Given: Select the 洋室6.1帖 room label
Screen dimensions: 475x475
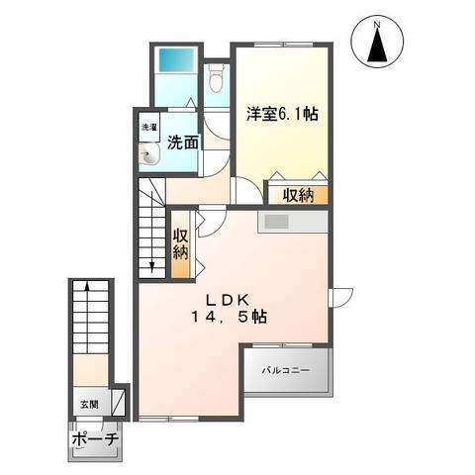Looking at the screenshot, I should click(x=282, y=113).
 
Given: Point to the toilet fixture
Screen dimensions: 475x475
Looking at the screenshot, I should click(x=217, y=79).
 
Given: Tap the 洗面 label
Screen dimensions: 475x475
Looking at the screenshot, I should click(x=183, y=142).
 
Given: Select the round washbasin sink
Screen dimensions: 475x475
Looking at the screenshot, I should click(x=150, y=153).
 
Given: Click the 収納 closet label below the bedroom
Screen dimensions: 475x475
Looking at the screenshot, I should click(x=298, y=195).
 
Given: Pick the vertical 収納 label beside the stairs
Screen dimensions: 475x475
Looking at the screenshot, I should click(x=181, y=243).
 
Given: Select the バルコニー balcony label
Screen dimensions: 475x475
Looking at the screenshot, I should click(x=286, y=371).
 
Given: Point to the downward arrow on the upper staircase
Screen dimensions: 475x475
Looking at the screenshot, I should click(x=151, y=261).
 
